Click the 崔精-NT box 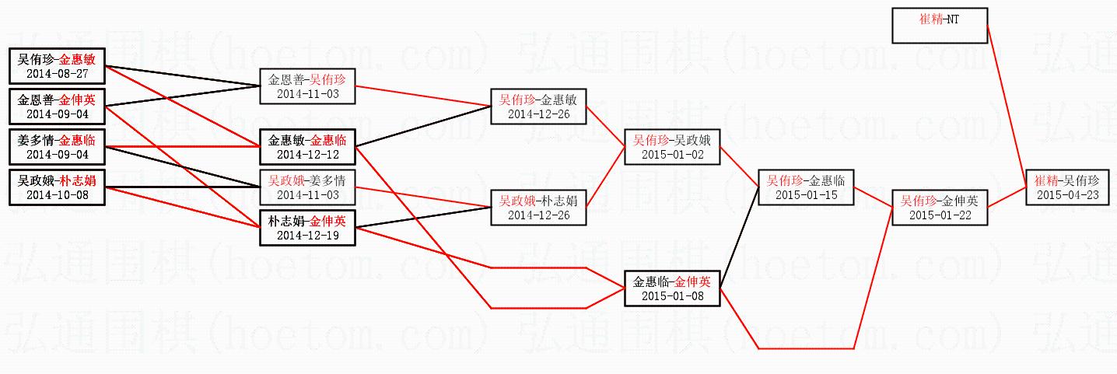pyautogui.click(x=940, y=25)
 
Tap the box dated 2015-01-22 pyautogui.click(x=940, y=208)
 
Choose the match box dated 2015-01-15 pyautogui.click(x=807, y=187)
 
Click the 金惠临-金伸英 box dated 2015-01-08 pyautogui.click(x=672, y=288)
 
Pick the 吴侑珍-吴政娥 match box pyautogui.click(x=672, y=147)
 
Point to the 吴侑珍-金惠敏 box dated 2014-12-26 pyautogui.click(x=538, y=107)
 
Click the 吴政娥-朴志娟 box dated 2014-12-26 pyautogui.click(x=538, y=208)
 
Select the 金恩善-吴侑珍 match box pyautogui.click(x=307, y=86)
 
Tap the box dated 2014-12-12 pyautogui.click(x=307, y=147)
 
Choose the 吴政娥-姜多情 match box pyautogui.click(x=307, y=187)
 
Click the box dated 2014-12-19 pyautogui.click(x=307, y=228)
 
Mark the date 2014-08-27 pyautogui.click(x=57, y=74)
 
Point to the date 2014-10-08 pyautogui.click(x=57, y=195)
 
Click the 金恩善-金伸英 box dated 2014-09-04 pyautogui.click(x=57, y=107)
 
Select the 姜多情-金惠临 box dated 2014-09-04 pyautogui.click(x=57, y=147)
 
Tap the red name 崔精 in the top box pyautogui.click(x=930, y=19)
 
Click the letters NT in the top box pyautogui.click(x=953, y=19)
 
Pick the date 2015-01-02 pyautogui.click(x=672, y=155)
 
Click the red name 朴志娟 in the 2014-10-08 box pyautogui.click(x=79, y=181)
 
